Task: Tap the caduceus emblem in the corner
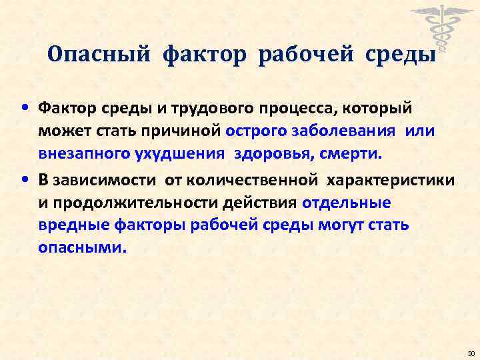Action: (438, 27)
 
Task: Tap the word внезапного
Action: (83, 155)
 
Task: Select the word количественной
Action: (254, 179)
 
